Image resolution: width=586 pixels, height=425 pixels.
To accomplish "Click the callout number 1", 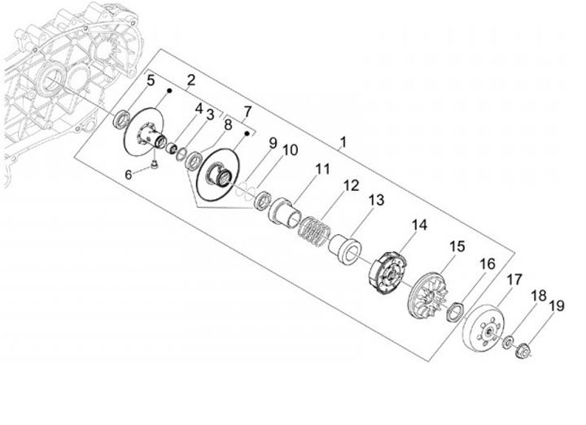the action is click(x=343, y=141).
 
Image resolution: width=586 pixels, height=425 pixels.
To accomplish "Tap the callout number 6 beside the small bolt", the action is click(x=129, y=175).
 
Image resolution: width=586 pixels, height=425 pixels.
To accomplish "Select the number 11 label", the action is click(x=323, y=169).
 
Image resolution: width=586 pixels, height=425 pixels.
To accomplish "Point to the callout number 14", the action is click(x=419, y=225).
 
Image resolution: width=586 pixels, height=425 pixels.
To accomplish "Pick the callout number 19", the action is click(x=557, y=306).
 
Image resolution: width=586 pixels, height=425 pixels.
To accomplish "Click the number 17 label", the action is click(x=514, y=280).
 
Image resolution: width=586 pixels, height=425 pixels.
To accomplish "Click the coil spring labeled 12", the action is click(x=314, y=231).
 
